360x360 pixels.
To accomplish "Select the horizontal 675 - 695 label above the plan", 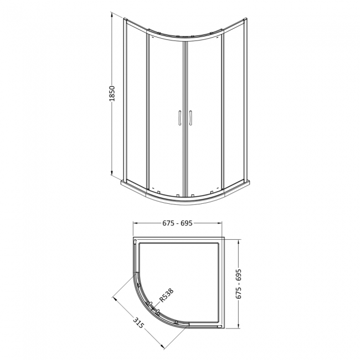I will [x=177, y=223].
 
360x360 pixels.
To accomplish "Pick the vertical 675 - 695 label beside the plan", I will [x=240, y=284].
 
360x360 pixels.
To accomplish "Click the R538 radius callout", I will [x=166, y=295].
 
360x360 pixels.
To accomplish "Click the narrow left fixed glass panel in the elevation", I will [x=136, y=105].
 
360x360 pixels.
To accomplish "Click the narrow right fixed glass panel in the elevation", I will [x=233, y=105].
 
